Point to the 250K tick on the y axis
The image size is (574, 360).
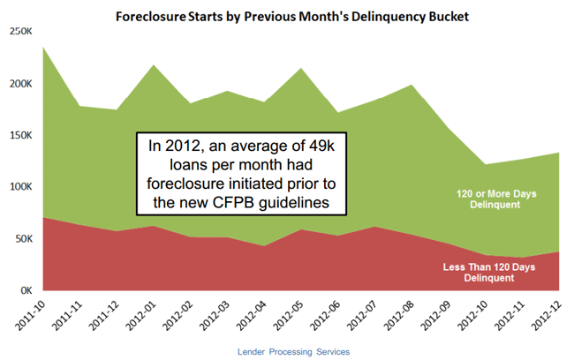tap(19, 32)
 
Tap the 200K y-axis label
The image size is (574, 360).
tap(19, 84)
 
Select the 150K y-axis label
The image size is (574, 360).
tap(19, 136)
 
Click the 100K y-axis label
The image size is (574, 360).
tap(19, 187)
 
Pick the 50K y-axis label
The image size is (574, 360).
tap(21, 239)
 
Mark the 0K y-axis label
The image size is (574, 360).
tap(23, 290)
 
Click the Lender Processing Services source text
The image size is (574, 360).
tap(294, 351)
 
